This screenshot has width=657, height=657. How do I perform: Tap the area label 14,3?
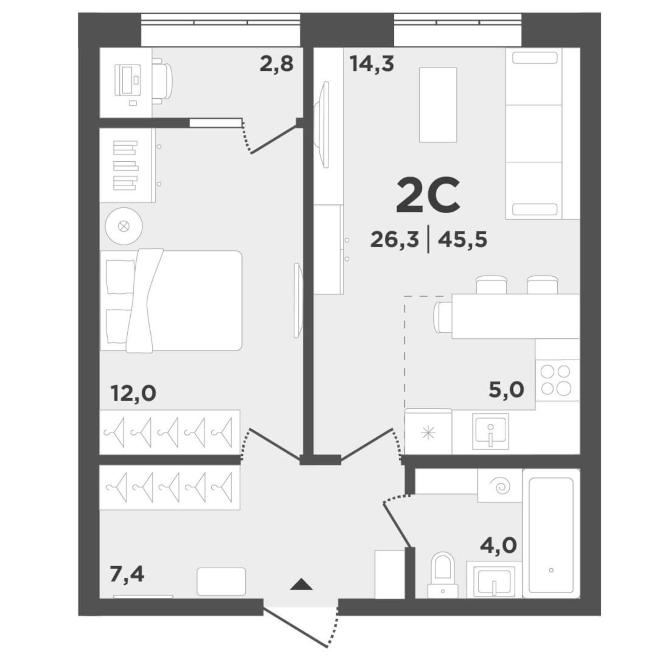click(x=372, y=64)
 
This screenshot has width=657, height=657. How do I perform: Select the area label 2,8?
click(x=276, y=64)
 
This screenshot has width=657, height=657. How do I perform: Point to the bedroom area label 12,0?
click(x=133, y=393)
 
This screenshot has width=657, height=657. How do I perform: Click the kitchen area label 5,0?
click(x=506, y=389)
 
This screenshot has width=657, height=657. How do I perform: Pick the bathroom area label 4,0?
click(x=498, y=546)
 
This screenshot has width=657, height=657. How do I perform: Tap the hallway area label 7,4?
click(x=127, y=574)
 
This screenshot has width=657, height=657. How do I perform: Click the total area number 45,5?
click(x=462, y=240)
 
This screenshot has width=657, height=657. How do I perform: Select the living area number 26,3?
click(x=394, y=240)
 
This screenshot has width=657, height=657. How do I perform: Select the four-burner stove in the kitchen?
click(x=556, y=380)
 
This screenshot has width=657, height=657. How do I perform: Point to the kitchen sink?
click(x=490, y=431)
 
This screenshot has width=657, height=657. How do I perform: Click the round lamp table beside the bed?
click(x=124, y=226)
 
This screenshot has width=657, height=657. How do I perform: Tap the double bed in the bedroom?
click(x=171, y=301)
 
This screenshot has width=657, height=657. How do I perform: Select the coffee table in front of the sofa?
click(x=438, y=105)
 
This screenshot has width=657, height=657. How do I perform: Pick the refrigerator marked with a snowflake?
click(x=428, y=433)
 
